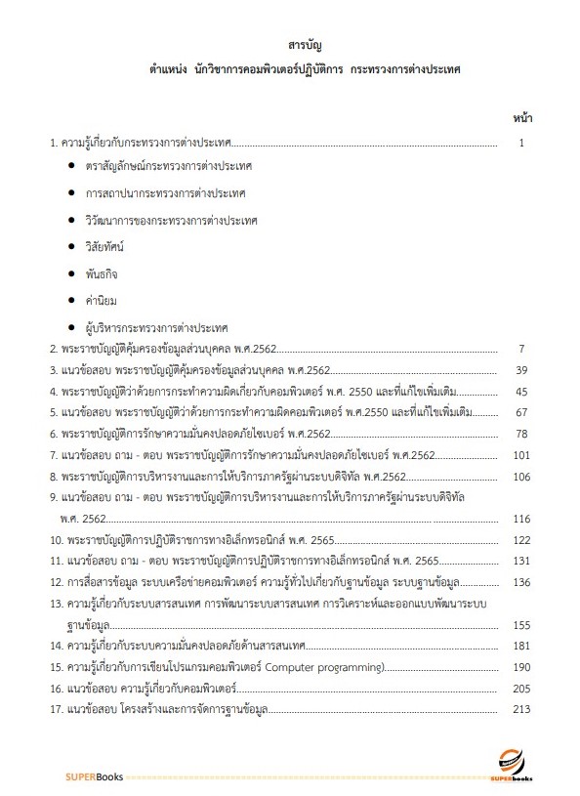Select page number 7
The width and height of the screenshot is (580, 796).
(523, 349)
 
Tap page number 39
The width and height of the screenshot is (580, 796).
(521, 370)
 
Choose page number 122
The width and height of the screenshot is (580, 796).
(519, 539)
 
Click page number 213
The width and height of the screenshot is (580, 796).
(519, 709)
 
